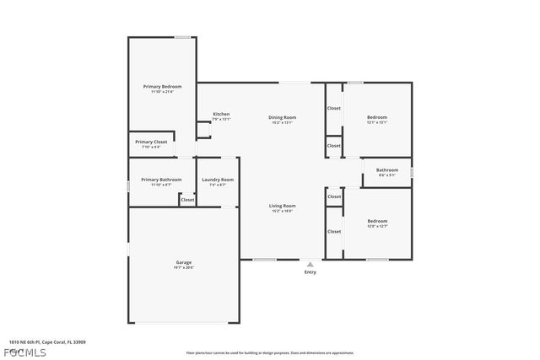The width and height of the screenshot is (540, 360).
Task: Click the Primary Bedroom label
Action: (162, 87)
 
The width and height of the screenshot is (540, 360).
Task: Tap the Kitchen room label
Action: (221, 115)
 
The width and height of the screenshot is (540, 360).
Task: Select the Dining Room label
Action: (282, 117)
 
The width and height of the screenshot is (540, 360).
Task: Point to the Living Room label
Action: (282, 206)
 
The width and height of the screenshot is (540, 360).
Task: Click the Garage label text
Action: (183, 262)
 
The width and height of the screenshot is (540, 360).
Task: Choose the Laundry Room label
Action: (217, 180)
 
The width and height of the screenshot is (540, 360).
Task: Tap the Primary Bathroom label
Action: (161, 180)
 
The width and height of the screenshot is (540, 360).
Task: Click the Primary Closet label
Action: (154, 142)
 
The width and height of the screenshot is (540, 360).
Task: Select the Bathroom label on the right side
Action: (387, 170)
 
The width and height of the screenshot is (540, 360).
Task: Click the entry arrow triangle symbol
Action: (310, 264)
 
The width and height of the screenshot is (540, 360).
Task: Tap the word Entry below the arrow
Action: (310, 272)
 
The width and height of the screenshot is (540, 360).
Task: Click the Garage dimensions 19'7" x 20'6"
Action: (183, 267)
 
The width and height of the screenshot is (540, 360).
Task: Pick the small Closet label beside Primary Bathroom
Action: (187, 200)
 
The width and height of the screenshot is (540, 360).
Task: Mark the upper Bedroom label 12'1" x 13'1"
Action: (376, 122)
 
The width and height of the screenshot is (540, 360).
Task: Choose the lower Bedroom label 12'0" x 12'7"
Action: (376, 226)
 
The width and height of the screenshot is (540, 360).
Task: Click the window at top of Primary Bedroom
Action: (181, 37)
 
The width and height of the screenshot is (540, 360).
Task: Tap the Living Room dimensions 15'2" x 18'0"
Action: (282, 211)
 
